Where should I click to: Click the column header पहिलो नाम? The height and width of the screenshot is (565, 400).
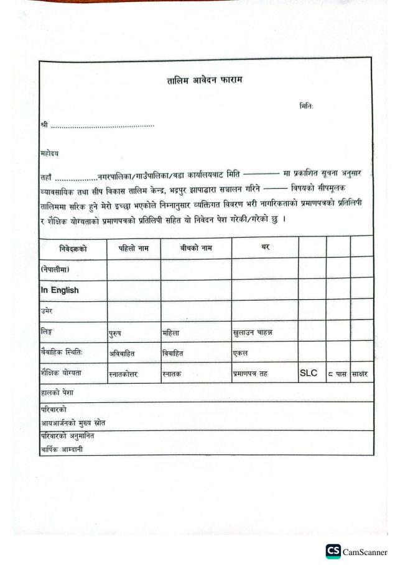133,246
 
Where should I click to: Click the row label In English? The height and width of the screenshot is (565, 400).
60,289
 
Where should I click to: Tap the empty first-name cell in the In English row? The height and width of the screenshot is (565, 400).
133,289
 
